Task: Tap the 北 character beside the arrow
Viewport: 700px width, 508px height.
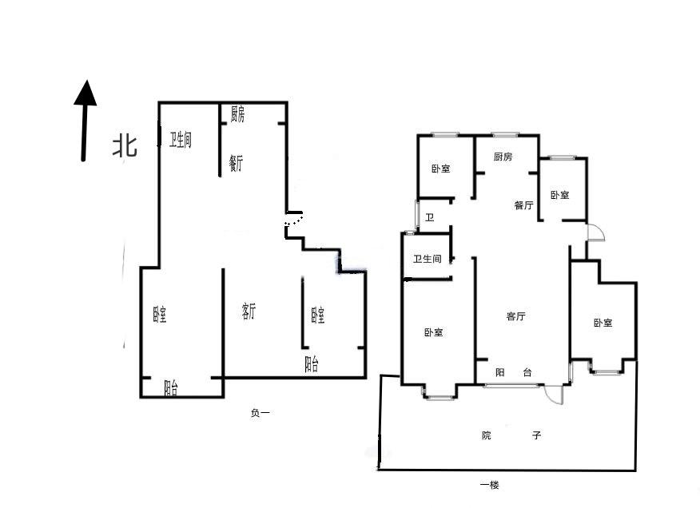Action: pyautogui.click(x=124, y=145)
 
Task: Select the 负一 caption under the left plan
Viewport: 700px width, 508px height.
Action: pyautogui.click(x=261, y=413)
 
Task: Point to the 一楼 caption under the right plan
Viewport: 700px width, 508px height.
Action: pyautogui.click(x=489, y=485)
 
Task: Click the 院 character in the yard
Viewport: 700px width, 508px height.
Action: pyautogui.click(x=487, y=435)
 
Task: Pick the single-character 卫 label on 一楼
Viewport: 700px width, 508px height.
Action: pyautogui.click(x=429, y=218)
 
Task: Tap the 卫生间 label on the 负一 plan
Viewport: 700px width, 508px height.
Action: pyautogui.click(x=180, y=140)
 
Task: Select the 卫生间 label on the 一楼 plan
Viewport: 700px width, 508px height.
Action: pyautogui.click(x=427, y=259)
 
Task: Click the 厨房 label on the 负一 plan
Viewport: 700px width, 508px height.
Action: pyautogui.click(x=237, y=114)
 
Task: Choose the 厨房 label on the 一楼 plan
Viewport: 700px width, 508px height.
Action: pyautogui.click(x=503, y=157)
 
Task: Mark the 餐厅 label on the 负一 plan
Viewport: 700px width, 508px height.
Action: pyautogui.click(x=235, y=164)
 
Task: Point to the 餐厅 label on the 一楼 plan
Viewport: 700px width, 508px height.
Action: pyautogui.click(x=523, y=205)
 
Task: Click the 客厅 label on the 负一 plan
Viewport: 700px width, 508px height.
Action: pyautogui.click(x=249, y=312)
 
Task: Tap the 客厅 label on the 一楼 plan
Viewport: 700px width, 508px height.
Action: pyautogui.click(x=515, y=316)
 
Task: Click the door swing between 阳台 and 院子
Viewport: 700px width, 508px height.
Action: pyautogui.click(x=555, y=395)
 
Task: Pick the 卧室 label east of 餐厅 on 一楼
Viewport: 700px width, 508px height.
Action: pyautogui.click(x=559, y=195)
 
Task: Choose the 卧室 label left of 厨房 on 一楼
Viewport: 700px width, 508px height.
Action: pyautogui.click(x=440, y=169)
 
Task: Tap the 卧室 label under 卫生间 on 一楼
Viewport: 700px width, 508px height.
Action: pyautogui.click(x=433, y=332)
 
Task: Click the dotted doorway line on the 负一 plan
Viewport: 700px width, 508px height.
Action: pyautogui.click(x=294, y=222)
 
